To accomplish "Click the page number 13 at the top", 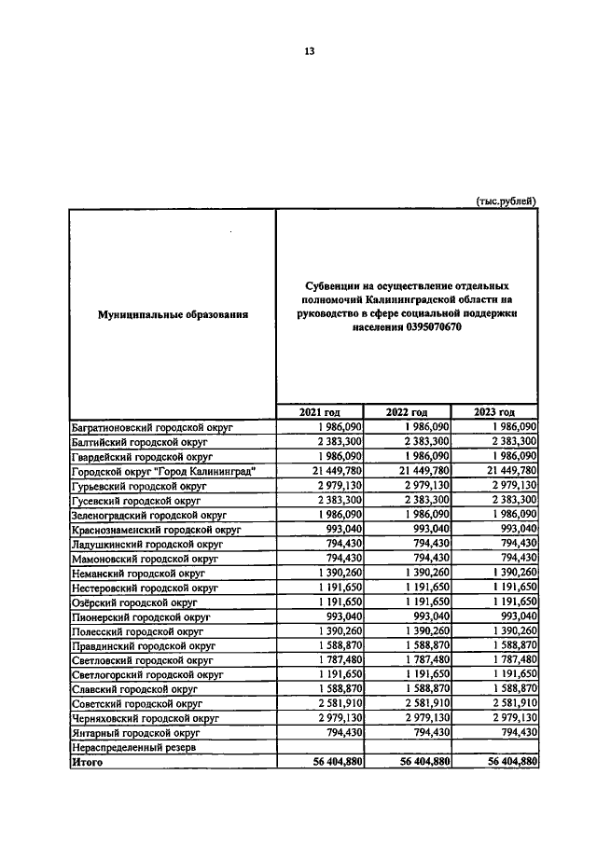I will pyautogui.click(x=309, y=51).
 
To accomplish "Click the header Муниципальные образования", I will pyautogui.click(x=173, y=315).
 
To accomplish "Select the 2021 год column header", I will pyautogui.click(x=319, y=412).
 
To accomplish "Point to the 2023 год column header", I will pyautogui.click(x=493, y=412).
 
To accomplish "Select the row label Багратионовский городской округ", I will pyautogui.click(x=152, y=426).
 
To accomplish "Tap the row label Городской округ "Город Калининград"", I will pyautogui.click(x=163, y=471).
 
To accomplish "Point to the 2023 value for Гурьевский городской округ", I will pyautogui.click(x=510, y=486).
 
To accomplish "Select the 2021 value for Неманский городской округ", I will pyautogui.click(x=337, y=572).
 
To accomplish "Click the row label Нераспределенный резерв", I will pyautogui.click(x=134, y=748).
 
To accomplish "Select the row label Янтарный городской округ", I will pyautogui.click(x=137, y=734).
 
